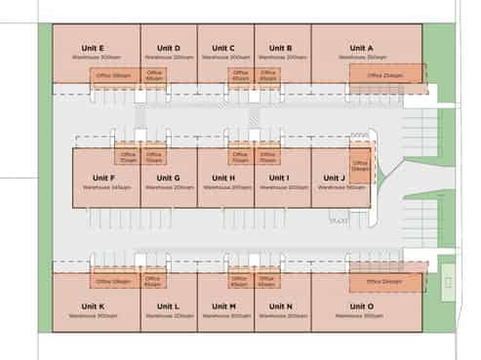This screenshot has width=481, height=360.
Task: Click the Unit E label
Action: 96,48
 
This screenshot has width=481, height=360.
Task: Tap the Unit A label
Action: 361,48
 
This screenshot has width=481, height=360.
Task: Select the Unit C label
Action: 225,48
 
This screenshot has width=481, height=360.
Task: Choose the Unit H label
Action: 224,177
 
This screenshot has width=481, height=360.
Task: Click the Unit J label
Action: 330,177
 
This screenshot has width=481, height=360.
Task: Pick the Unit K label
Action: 95,306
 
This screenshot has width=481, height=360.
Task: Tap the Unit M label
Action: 225,306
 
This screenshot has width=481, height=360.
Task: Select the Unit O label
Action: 361,306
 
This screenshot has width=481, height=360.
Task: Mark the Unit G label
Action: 168,177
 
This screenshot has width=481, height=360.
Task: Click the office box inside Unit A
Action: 386,74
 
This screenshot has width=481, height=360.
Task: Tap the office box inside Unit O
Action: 385,282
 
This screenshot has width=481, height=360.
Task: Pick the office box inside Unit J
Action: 360,164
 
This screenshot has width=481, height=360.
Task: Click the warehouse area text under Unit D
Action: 169,58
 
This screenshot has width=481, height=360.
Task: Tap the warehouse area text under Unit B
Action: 283,58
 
